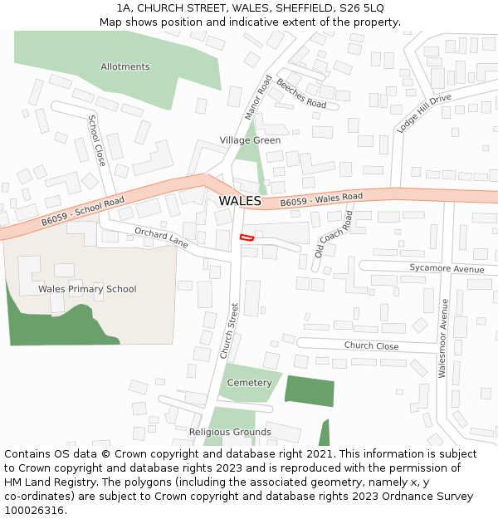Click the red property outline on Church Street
(x=247, y=237)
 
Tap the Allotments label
(x=125, y=66)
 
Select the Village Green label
(x=250, y=140)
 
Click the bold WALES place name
(x=240, y=201)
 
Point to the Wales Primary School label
(x=87, y=289)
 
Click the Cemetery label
(x=249, y=383)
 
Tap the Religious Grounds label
(x=230, y=432)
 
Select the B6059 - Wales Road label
(x=321, y=200)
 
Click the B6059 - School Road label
(x=83, y=212)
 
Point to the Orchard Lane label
(x=161, y=237)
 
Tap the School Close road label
(x=97, y=140)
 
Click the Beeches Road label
(x=301, y=94)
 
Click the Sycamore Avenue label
(x=447, y=269)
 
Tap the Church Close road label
(x=371, y=346)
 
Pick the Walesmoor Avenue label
(x=443, y=338)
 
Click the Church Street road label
(x=229, y=330)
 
